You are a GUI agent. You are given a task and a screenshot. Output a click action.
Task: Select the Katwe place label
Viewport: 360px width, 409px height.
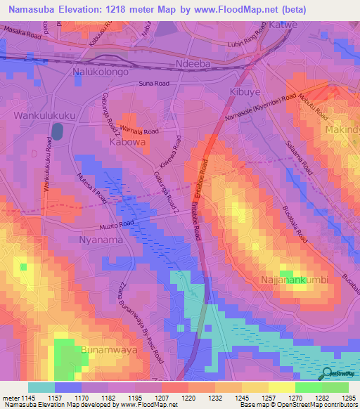coord(284,25)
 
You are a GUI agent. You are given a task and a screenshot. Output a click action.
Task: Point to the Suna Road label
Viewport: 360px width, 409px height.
coord(154,84)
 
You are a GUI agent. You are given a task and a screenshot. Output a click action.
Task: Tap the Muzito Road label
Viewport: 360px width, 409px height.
coord(117,224)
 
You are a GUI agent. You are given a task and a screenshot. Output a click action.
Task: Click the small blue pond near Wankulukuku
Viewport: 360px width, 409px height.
coord(57,131)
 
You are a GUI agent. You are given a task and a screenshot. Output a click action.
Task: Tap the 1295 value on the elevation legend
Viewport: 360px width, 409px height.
coord(349,398)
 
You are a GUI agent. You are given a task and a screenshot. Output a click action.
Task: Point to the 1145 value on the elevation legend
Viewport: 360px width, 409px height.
coord(27,398)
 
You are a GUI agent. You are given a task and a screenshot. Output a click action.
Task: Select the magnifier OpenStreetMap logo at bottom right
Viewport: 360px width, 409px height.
coord(328,374)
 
